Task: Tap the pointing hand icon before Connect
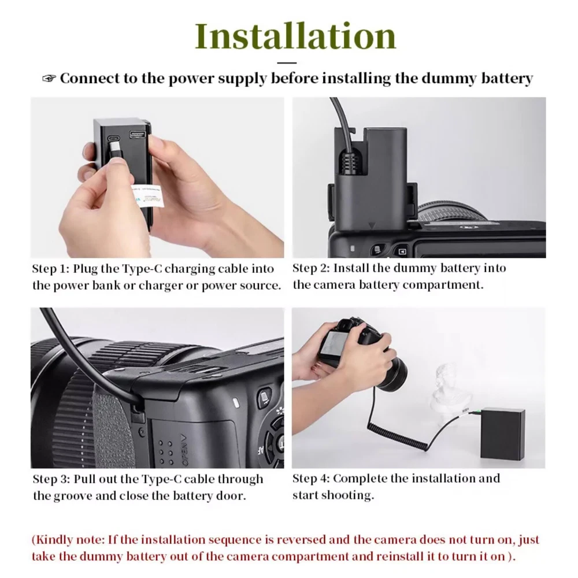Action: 49,78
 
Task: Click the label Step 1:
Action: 50,268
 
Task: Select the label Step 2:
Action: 311,268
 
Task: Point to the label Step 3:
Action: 51,479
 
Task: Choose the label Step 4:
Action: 311,479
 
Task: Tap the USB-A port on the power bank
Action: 136,135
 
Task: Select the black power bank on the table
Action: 503,433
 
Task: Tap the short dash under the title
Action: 287,63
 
